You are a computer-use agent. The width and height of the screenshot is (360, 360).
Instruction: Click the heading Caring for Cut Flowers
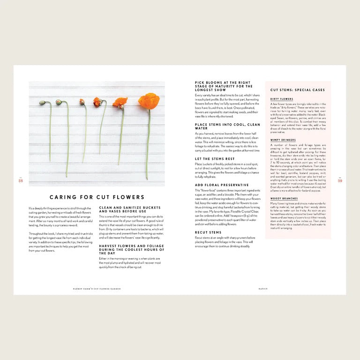click(97, 197)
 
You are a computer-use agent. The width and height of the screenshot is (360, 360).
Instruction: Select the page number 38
click(21, 180)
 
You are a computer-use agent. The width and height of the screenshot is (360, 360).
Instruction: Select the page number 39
click(340, 180)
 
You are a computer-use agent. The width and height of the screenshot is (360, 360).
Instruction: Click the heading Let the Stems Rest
click(215, 159)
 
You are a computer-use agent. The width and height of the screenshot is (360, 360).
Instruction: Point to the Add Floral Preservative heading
click(222, 185)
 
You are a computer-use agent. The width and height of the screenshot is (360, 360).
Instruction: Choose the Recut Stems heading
click(208, 232)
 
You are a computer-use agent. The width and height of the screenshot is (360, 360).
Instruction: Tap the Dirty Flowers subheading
click(282, 99)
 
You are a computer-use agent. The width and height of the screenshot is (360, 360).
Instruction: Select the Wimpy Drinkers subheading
click(283, 140)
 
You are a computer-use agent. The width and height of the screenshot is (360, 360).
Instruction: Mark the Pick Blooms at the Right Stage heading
click(224, 86)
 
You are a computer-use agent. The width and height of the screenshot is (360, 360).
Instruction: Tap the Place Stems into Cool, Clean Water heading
click(227, 126)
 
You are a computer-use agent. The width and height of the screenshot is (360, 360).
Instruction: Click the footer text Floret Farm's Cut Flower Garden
click(97, 289)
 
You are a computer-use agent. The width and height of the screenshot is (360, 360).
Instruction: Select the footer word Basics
click(263, 289)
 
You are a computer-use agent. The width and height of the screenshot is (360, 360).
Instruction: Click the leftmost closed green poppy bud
click(43, 103)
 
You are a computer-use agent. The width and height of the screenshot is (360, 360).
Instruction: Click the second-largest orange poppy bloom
click(120, 102)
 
